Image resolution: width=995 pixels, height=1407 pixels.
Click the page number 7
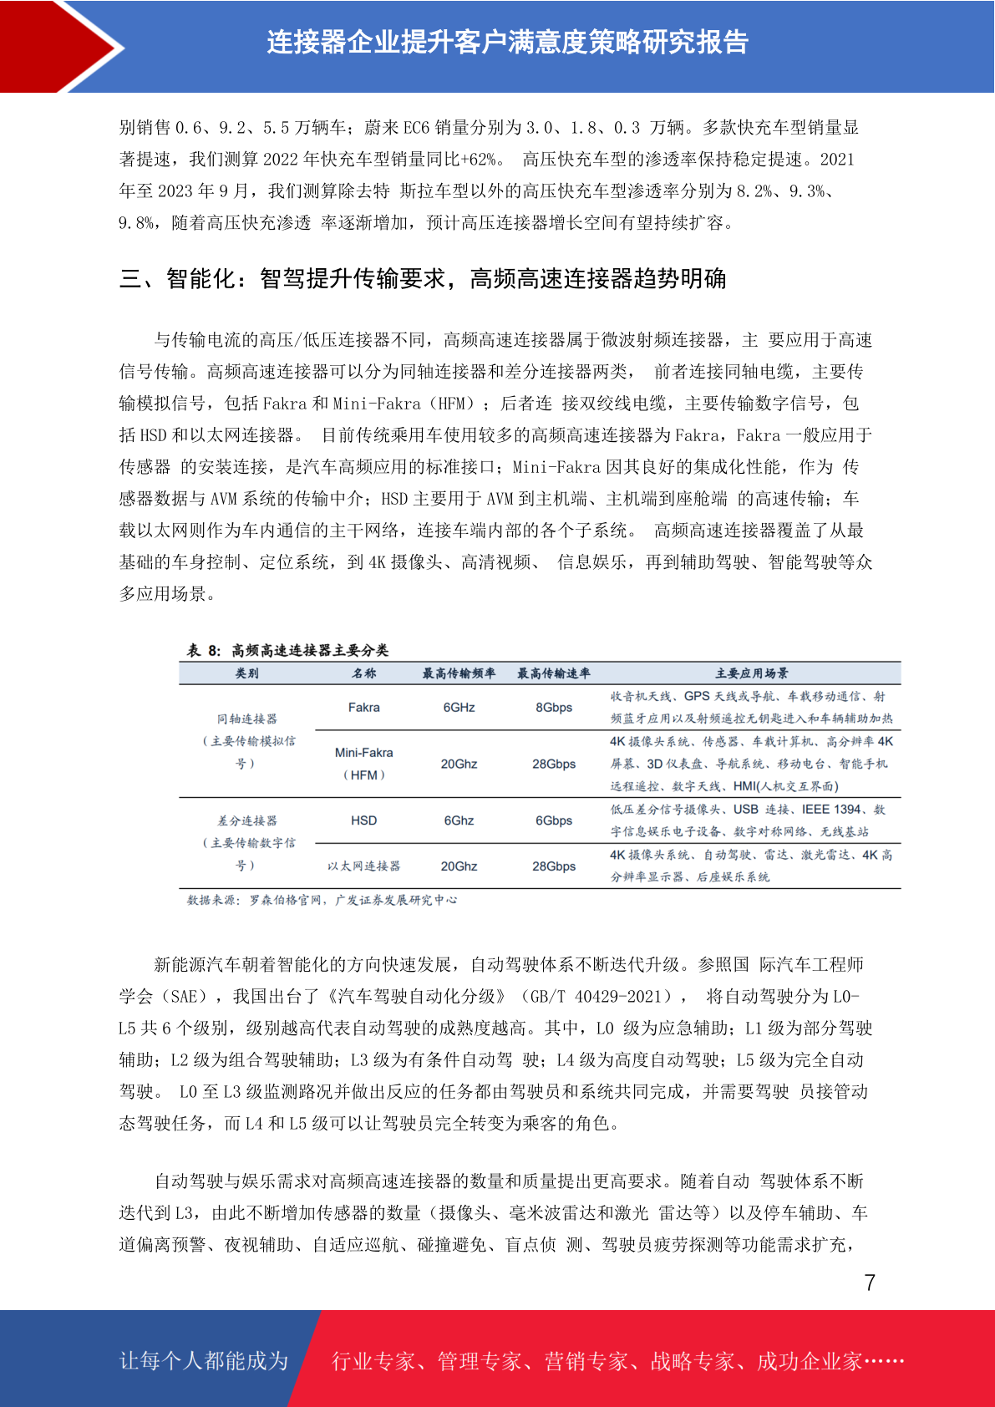pos(870,1283)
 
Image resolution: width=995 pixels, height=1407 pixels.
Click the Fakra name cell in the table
pos(363,708)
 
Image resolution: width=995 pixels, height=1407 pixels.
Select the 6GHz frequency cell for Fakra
pos(459,708)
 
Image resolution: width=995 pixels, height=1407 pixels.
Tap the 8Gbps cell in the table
pos(554,708)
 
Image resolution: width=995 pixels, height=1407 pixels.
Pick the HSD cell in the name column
pos(363,820)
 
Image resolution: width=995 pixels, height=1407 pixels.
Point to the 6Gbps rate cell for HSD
pos(554,820)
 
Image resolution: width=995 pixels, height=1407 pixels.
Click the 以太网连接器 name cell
pos(363,866)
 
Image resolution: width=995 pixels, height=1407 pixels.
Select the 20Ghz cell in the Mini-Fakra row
pos(459,764)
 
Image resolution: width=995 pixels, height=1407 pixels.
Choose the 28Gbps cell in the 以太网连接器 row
pos(554,866)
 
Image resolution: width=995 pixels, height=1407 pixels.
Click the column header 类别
pos(246,673)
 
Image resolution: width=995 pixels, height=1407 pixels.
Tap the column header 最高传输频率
pos(459,673)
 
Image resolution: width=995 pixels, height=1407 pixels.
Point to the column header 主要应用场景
pos(751,673)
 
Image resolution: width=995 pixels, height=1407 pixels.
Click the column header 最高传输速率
pos(554,673)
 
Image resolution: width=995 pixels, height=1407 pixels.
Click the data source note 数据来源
pos(322,900)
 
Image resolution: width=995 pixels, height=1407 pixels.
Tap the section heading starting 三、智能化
pos(422,278)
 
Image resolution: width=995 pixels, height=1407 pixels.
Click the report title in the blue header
pos(507,42)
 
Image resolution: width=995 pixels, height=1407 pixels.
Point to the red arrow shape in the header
pos(58,46)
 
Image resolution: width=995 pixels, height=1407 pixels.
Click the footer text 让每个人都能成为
pos(204,1360)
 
